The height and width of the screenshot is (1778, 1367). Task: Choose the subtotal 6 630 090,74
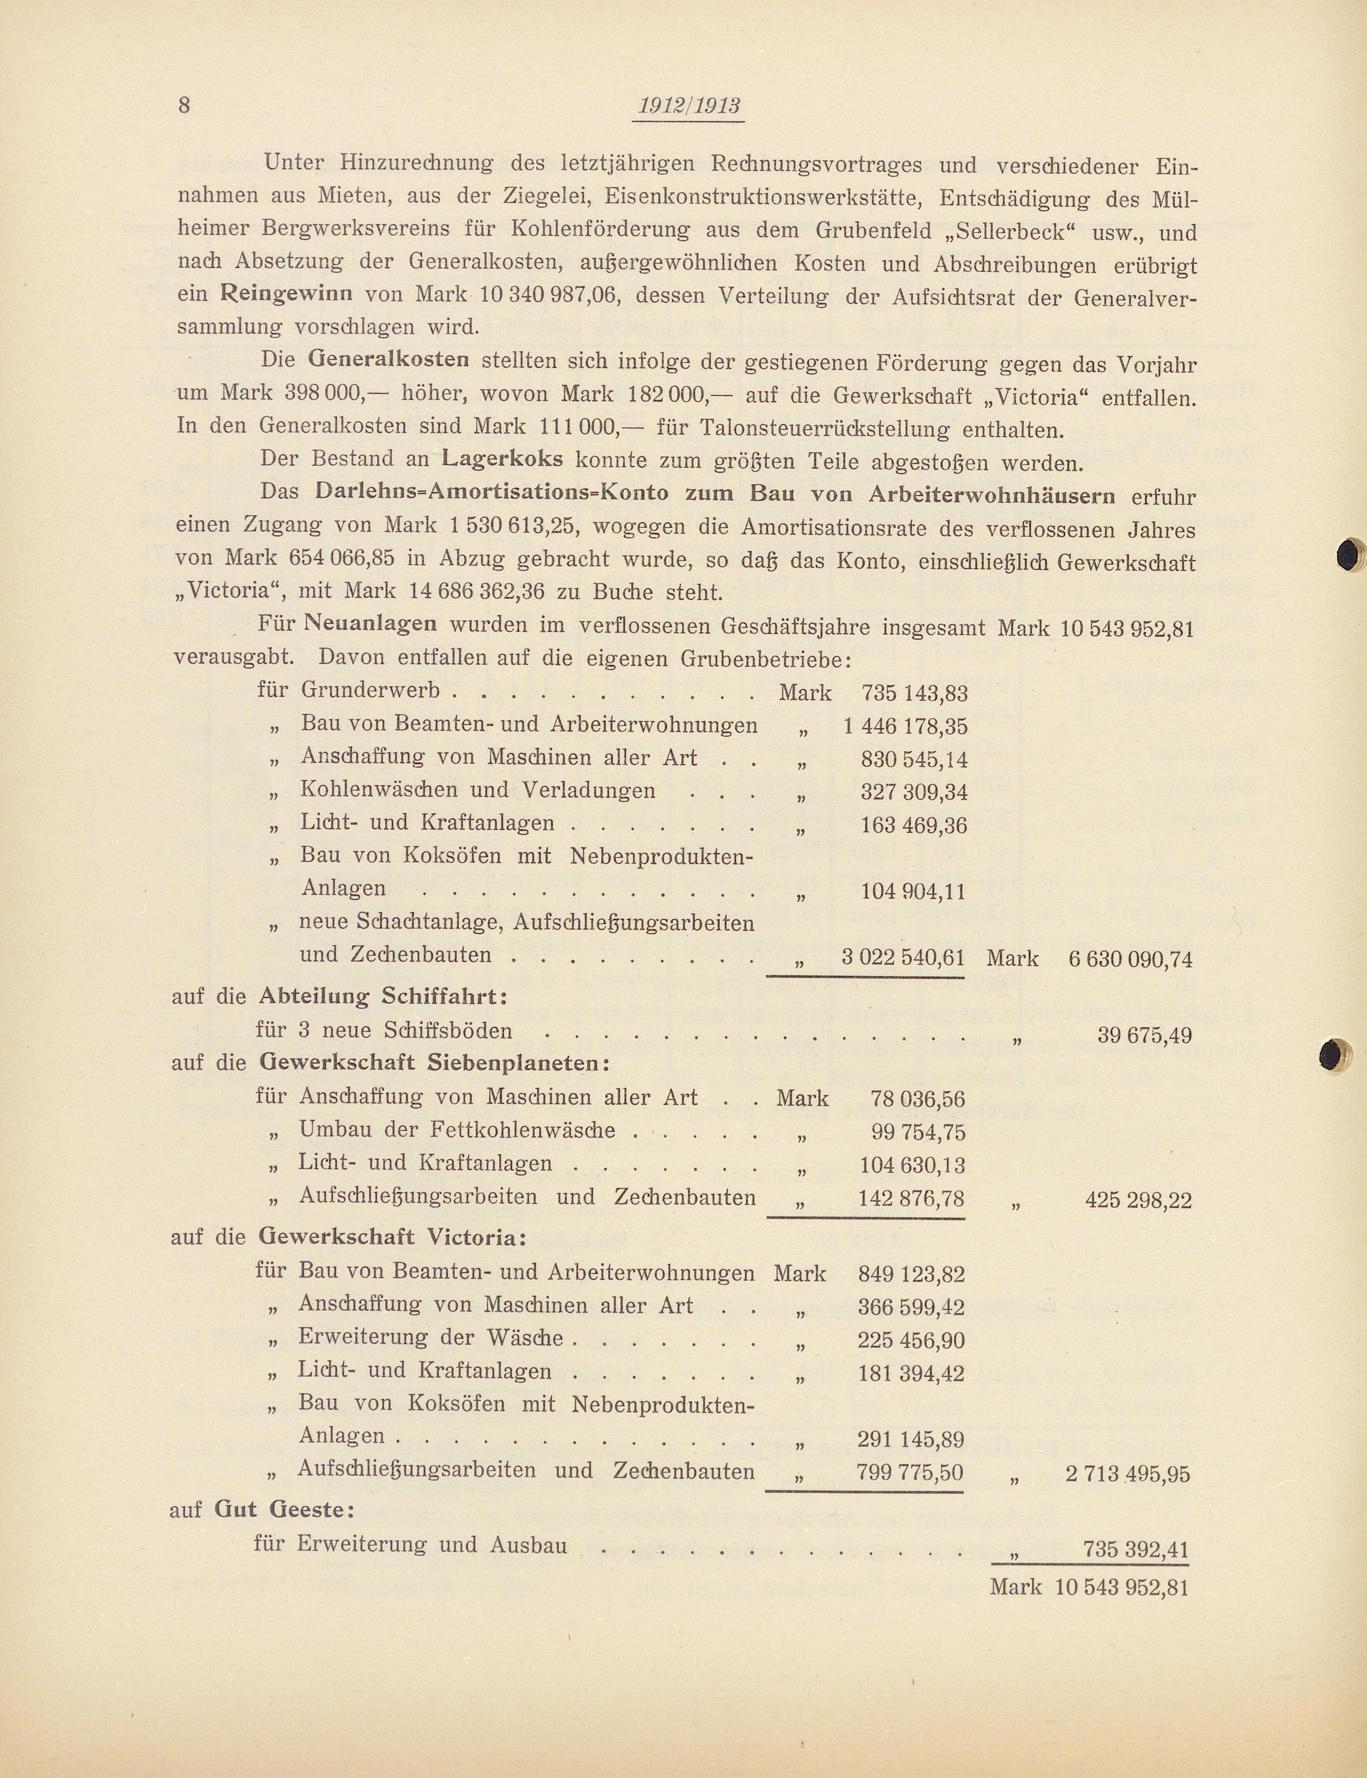coord(1130,960)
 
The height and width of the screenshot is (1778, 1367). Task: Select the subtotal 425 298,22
coord(1138,1200)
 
